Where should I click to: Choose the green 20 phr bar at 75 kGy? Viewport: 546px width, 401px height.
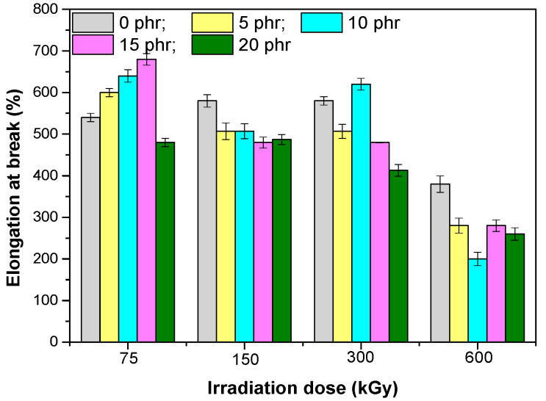[x=165, y=242]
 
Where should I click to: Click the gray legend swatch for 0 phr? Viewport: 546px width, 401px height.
[x=93, y=22]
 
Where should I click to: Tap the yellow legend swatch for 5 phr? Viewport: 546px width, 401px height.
[x=212, y=22]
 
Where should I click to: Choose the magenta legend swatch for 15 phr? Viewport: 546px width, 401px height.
[x=93, y=45]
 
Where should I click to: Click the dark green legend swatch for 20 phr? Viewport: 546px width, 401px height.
[x=212, y=45]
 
